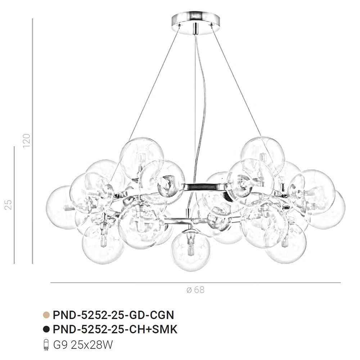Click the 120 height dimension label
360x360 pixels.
[26, 140]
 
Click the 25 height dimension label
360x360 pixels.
[8, 204]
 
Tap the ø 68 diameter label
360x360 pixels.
[195, 290]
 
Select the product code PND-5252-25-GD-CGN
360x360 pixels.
[113, 315]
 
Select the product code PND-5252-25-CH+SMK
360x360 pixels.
[115, 329]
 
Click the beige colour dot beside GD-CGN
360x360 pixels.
[46, 315]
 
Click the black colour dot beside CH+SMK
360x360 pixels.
[46, 329]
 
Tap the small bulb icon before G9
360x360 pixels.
[46, 345]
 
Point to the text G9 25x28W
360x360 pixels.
[83, 345]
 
